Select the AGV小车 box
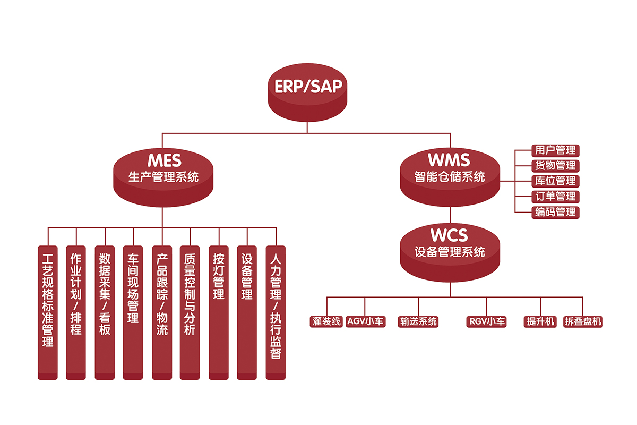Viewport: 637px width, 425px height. click(x=365, y=321)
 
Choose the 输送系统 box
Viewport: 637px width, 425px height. click(x=418, y=321)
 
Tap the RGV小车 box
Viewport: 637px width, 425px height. click(x=487, y=321)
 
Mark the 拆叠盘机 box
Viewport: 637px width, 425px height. click(x=583, y=321)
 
